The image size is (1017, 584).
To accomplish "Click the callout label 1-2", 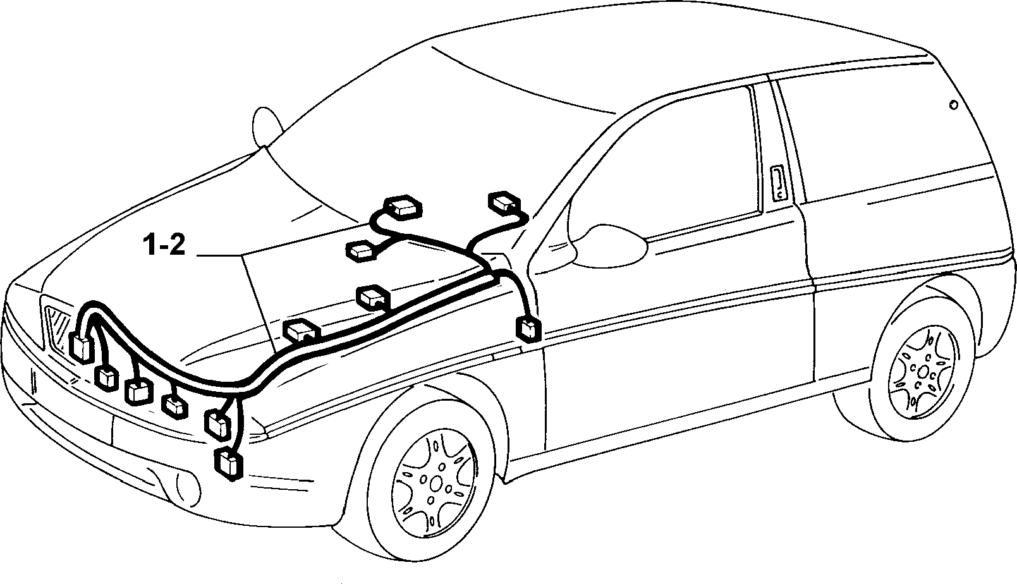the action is tap(164, 246).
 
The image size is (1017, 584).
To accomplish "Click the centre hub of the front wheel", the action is tap(435, 484).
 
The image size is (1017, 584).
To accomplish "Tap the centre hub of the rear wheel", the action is tap(923, 372).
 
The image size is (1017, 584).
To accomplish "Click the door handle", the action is tap(779, 183).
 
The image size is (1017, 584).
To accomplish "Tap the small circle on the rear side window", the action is tap(953, 106).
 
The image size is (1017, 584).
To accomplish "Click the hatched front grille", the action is tap(58, 327).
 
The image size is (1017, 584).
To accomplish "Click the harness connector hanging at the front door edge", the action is tap(529, 328).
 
